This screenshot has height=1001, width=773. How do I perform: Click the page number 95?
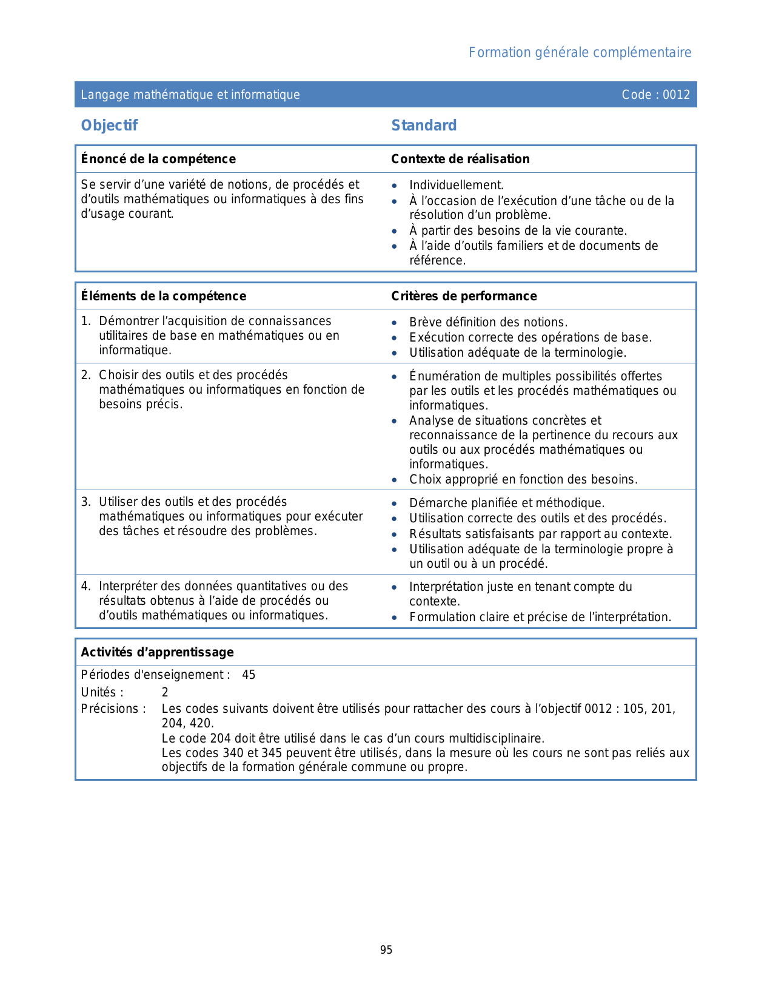[386, 950]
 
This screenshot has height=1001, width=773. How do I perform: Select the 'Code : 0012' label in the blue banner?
[655, 95]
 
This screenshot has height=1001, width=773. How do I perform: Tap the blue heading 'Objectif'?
[109, 126]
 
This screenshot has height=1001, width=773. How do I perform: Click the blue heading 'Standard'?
[424, 126]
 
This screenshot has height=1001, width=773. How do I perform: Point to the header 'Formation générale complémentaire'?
[580, 53]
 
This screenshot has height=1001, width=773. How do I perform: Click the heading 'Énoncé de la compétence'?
[158, 159]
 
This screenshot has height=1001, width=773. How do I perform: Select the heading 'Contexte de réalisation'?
[460, 159]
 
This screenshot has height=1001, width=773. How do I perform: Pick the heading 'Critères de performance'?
[464, 296]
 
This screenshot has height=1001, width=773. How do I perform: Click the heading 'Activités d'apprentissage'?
[157, 652]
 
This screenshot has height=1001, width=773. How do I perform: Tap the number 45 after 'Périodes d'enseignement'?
[249, 675]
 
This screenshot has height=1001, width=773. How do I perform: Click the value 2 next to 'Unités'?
[165, 692]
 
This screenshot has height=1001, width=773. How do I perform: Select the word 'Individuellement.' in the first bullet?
[457, 185]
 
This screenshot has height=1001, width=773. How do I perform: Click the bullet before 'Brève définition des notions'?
[395, 323]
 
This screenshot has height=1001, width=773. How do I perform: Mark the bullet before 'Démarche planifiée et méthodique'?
[395, 504]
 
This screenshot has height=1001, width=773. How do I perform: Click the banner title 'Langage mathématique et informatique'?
[190, 95]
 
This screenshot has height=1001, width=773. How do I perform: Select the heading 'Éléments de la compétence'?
[164, 296]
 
